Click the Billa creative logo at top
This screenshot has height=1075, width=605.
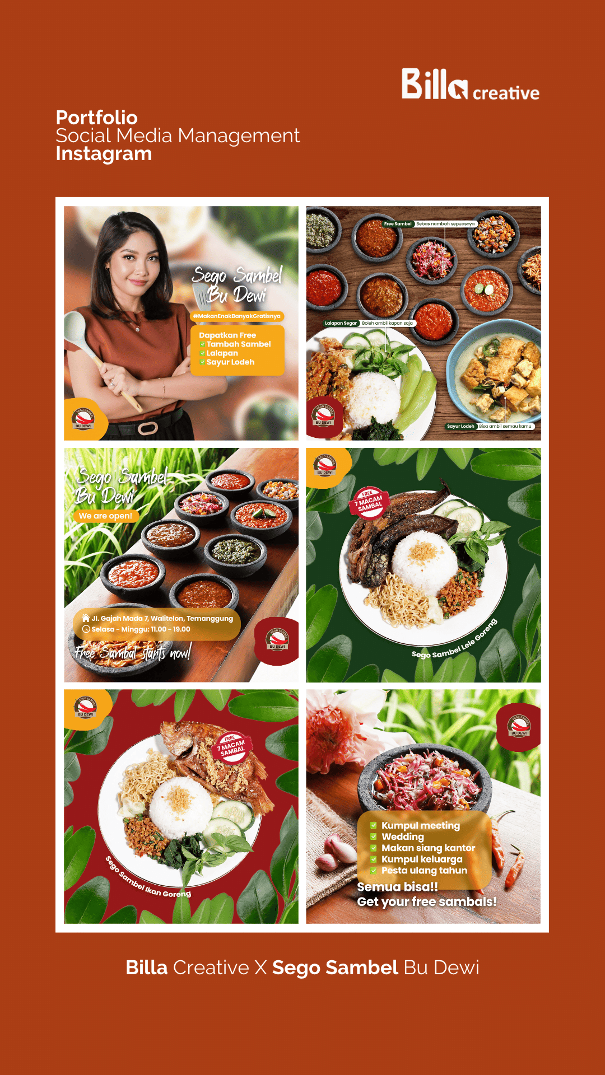(469, 85)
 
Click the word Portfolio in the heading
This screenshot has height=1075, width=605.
(96, 118)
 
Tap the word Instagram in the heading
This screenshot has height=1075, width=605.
(104, 154)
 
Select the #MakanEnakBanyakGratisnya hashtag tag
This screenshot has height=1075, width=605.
(236, 316)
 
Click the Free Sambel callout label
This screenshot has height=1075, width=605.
(398, 224)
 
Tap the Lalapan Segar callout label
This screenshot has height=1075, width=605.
(341, 323)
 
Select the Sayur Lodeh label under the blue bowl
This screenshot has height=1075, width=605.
(460, 426)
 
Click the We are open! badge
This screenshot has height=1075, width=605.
(105, 516)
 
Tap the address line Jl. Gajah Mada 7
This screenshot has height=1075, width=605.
(161, 618)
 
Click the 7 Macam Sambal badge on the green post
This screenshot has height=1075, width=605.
(369, 502)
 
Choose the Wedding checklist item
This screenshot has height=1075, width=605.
(402, 836)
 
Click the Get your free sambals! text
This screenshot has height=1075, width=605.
(427, 901)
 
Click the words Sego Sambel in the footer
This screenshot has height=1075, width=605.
(335, 968)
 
